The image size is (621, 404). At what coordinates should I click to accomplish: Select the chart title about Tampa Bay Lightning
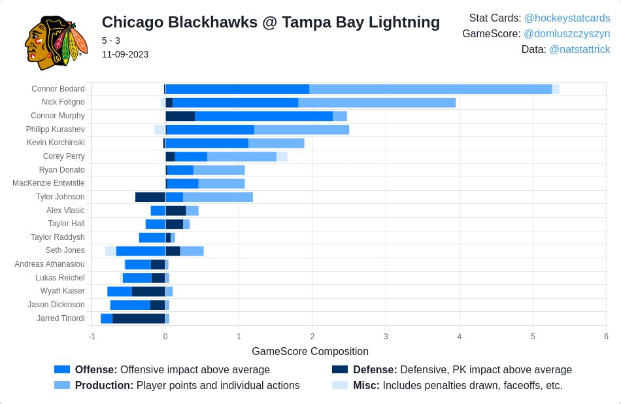coord(271,22)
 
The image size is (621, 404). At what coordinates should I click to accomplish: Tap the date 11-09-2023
coord(125,54)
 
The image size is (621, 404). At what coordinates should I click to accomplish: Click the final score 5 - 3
coord(110,41)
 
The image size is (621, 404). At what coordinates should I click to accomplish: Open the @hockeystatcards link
coord(567,18)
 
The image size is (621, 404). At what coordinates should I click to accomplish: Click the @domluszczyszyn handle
coord(567,33)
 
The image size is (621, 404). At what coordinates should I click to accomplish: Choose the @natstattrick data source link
coord(579,49)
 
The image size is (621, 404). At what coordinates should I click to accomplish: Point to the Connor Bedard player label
coord(58,89)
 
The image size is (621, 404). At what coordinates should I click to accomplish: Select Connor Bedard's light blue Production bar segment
coord(430,89)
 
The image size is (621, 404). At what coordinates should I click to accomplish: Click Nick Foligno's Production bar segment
coord(377,103)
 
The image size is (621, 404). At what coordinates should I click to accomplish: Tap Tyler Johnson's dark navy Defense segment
coord(150,197)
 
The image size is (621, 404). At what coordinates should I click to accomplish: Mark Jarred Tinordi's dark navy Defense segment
coord(139,318)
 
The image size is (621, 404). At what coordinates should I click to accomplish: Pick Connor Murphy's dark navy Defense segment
coord(180,116)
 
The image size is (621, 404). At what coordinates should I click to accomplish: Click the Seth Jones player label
coord(65,250)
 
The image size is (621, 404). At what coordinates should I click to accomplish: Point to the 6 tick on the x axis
coord(606,336)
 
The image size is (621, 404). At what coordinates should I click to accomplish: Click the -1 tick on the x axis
coord(92,336)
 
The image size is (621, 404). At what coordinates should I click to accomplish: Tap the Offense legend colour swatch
coord(62,369)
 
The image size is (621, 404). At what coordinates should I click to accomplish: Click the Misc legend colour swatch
coord(340,386)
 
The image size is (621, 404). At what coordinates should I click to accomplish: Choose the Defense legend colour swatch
coord(340,369)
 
